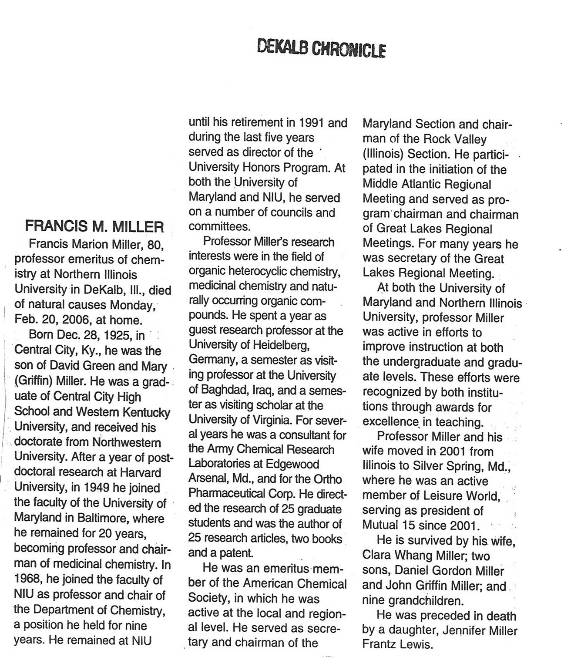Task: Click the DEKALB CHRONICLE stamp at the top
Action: click(x=321, y=48)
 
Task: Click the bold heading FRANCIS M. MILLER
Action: click(x=94, y=227)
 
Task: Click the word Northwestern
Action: click(x=127, y=442)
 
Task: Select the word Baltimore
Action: click(x=104, y=518)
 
